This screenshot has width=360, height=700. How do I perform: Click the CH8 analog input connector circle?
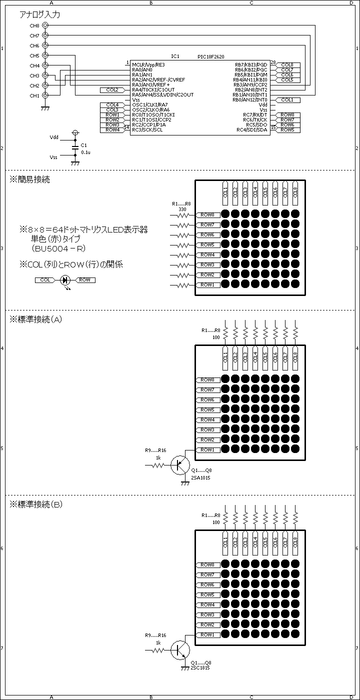click(45, 25)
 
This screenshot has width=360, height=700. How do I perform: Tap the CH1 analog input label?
click(34, 95)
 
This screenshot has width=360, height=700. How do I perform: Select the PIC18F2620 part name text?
click(211, 57)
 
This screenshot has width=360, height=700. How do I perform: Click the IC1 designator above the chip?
click(175, 56)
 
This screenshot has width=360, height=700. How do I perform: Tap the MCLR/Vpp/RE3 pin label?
click(148, 64)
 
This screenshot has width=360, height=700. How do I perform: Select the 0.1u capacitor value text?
click(85, 152)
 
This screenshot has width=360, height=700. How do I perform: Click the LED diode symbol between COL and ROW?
click(65, 280)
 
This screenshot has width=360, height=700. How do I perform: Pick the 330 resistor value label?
click(182, 209)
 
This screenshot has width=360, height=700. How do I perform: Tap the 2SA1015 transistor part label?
click(200, 478)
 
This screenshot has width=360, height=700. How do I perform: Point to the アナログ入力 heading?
click(39, 14)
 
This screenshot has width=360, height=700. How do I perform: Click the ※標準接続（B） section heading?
click(36, 504)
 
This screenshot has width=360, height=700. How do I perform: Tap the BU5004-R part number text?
click(58, 248)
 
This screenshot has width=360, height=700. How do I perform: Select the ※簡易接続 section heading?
click(29, 179)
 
